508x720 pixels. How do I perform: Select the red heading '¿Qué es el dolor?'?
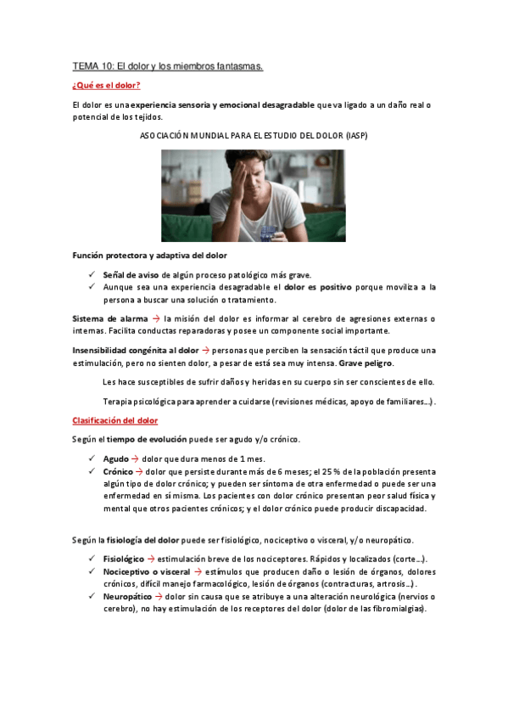coord(107,86)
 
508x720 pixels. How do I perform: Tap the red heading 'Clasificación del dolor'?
coord(114,420)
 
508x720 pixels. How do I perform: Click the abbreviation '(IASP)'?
coord(351,136)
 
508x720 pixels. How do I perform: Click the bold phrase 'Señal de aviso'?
coord(132,274)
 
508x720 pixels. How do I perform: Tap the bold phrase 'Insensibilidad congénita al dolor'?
coord(136,350)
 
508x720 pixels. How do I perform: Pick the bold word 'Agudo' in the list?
coord(116,458)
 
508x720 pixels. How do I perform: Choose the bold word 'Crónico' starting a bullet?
coord(120,471)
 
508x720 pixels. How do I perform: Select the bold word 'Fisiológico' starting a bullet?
coord(123,559)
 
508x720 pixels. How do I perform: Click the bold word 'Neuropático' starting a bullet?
coord(128,597)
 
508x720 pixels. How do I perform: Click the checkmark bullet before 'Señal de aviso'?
coord(91,274)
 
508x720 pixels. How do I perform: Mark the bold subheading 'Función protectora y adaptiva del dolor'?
coord(148,255)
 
